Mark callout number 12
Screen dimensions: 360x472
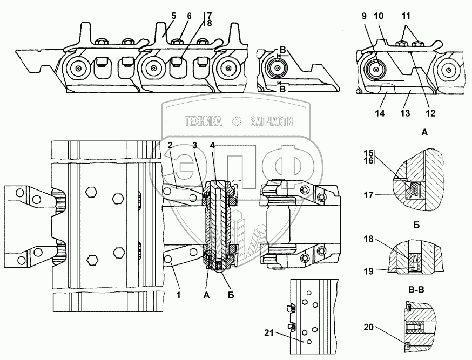431,114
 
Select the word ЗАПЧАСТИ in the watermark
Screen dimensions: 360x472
271,122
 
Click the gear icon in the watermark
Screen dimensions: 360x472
235,122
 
